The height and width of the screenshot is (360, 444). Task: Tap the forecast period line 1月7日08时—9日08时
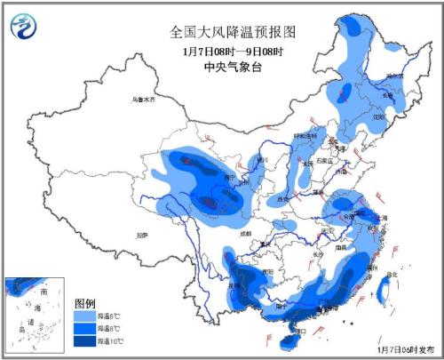point(233,51)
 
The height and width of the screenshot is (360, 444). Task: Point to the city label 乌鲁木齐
point(142,100)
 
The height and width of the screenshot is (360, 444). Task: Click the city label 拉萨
point(142,235)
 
